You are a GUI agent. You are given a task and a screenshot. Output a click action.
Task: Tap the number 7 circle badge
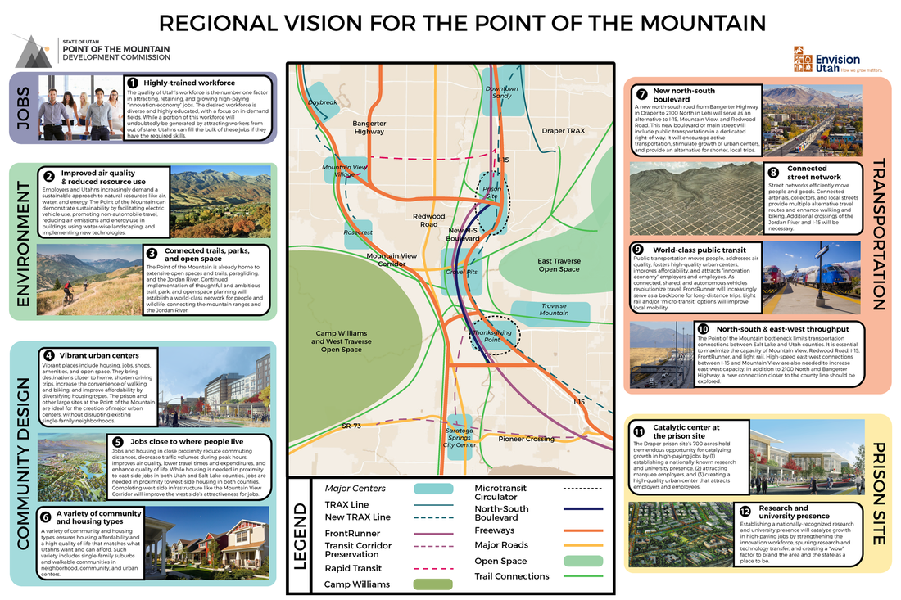coord(641,93)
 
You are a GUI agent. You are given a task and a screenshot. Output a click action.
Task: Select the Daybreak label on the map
coord(322,102)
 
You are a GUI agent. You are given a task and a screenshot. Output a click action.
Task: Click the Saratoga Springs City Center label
coord(460,438)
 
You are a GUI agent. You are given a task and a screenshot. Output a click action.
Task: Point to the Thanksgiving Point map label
coord(492,333)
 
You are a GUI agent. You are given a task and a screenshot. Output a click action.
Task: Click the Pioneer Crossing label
coord(527,439)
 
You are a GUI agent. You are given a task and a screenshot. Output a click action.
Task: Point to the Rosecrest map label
coord(359,232)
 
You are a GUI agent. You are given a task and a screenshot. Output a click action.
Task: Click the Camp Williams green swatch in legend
coord(433,584)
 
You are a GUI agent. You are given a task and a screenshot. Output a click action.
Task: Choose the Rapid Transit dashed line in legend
coord(433,566)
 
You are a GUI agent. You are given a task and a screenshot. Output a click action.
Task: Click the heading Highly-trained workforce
coord(189,83)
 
